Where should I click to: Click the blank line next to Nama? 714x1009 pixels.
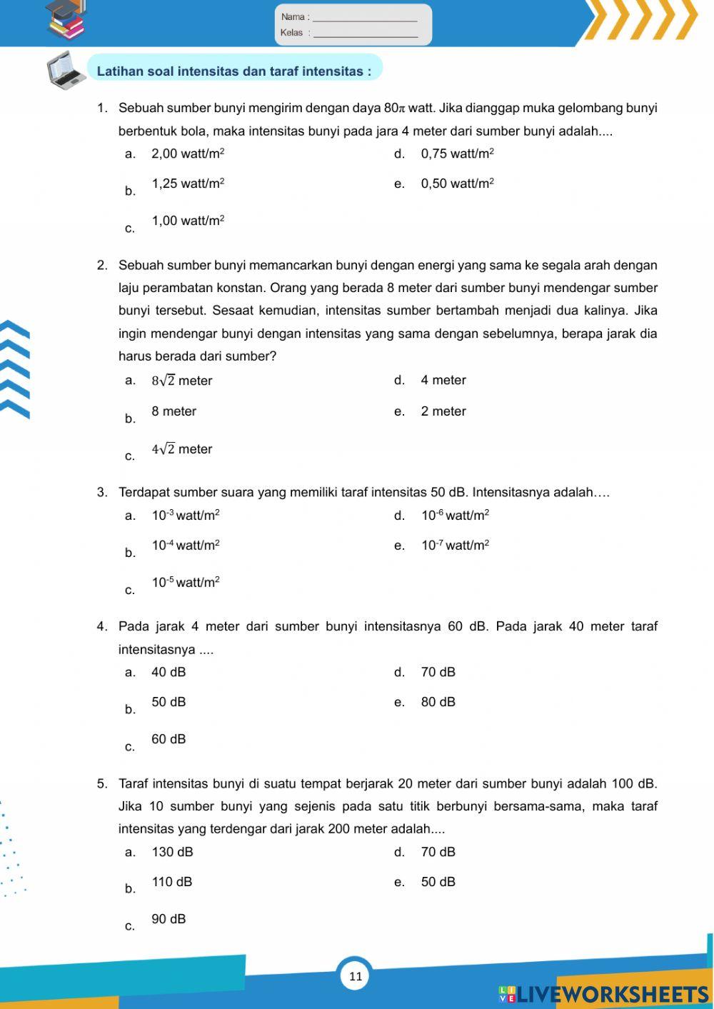click(x=365, y=18)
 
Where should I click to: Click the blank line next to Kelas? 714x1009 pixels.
click(x=365, y=34)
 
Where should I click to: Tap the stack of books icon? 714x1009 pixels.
click(x=66, y=20)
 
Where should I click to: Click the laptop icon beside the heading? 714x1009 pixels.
click(x=66, y=71)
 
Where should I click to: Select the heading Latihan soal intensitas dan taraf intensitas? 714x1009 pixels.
click(x=234, y=71)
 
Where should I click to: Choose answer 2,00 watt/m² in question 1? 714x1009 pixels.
click(x=188, y=154)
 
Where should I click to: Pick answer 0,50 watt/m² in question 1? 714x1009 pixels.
click(x=457, y=184)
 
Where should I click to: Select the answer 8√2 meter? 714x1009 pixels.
click(x=181, y=381)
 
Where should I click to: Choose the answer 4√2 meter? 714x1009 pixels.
click(x=181, y=449)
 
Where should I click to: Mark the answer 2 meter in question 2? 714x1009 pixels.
click(x=443, y=411)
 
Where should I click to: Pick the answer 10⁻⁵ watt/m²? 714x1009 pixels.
click(x=186, y=583)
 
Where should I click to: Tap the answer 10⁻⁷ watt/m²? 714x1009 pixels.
click(x=455, y=546)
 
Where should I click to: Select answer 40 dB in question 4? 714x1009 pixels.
click(x=169, y=672)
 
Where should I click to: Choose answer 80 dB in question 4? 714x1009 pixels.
click(x=438, y=702)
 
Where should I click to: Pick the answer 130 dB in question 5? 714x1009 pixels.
click(x=172, y=852)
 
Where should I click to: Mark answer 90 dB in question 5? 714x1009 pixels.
click(x=169, y=919)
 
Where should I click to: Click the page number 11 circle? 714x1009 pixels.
click(x=356, y=976)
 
